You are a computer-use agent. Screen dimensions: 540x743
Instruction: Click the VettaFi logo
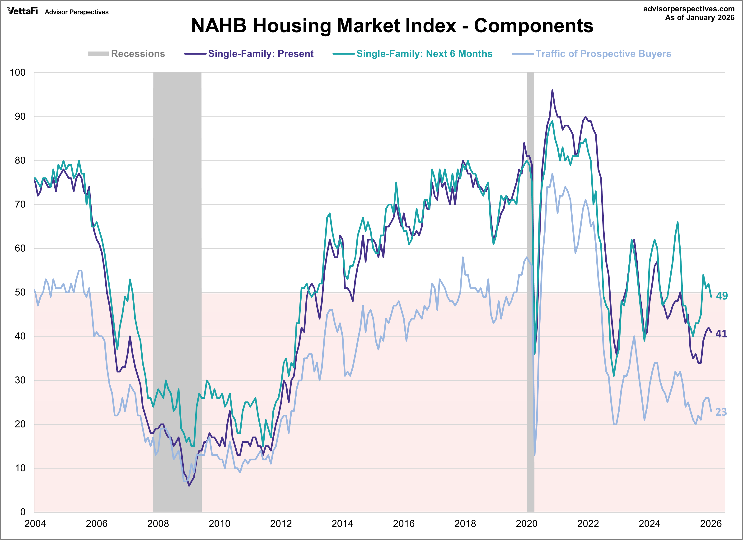click(22, 11)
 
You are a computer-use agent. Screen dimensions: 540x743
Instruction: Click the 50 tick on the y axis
click(20, 292)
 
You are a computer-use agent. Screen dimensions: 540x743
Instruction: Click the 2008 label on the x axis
click(158, 524)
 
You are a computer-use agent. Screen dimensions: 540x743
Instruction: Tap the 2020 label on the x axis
click(526, 524)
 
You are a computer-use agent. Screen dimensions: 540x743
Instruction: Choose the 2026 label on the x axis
click(710, 524)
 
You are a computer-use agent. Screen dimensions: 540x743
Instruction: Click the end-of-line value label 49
click(721, 296)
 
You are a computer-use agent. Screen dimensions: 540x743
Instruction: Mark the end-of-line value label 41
click(721, 334)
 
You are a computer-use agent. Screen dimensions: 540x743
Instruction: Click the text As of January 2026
click(699, 18)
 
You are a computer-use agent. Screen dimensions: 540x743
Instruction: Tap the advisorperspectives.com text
click(689, 9)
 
